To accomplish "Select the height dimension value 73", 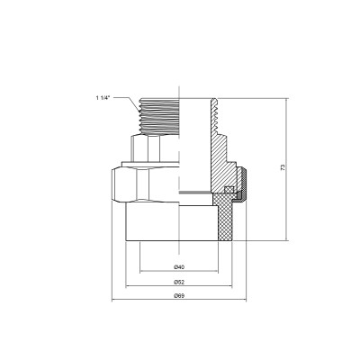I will [294, 170].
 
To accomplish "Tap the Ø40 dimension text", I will [179, 267].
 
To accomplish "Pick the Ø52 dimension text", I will [179, 282].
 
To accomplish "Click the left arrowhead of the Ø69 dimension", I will [112, 301].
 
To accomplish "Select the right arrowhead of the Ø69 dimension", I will [247, 301].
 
